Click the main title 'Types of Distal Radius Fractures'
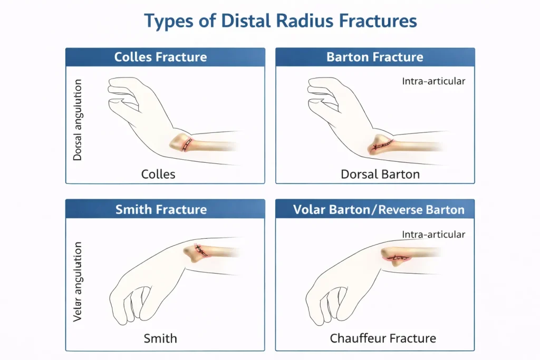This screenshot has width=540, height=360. point(281,21)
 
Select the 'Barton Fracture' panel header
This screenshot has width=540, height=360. point(375,57)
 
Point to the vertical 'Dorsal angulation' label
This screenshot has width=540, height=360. point(78,120)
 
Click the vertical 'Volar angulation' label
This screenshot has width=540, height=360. point(78,281)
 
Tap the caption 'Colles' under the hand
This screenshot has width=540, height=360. point(158,174)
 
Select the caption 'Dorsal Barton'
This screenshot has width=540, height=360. point(380,174)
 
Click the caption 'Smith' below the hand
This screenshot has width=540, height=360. point(160,338)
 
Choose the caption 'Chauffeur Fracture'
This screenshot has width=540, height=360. point(383,338)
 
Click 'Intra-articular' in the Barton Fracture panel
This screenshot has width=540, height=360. point(433,81)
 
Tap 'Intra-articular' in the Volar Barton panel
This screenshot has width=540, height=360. point(433,235)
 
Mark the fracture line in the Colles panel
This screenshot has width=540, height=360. point(187,144)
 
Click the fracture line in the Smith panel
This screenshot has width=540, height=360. point(201,250)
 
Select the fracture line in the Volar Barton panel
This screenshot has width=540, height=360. point(398,257)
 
